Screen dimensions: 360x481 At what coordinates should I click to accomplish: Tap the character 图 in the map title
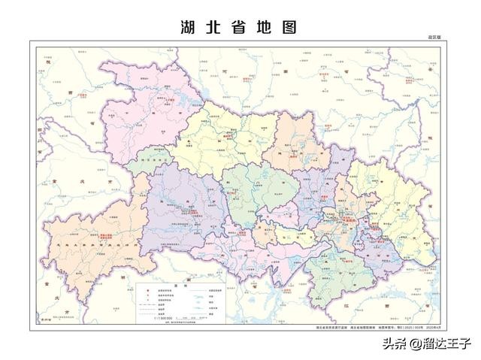click(x=290, y=27)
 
